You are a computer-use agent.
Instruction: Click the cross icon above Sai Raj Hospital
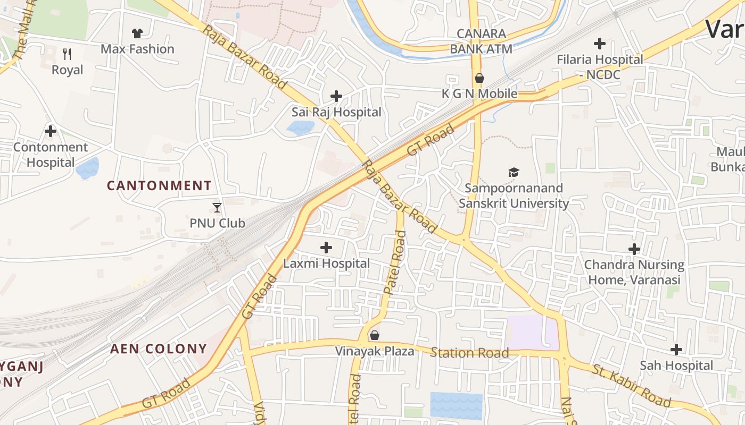tap(336, 96)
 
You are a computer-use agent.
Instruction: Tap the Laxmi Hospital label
tap(326, 263)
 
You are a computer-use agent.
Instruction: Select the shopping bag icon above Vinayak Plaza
tap(375, 335)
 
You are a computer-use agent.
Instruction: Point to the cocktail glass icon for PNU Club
tap(217, 207)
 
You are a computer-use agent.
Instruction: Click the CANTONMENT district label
tap(159, 186)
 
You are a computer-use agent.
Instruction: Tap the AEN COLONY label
tap(158, 349)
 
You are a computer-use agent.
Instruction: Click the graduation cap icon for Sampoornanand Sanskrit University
tap(514, 172)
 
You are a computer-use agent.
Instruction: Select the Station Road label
tap(469, 353)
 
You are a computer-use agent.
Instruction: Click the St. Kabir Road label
tap(631, 385)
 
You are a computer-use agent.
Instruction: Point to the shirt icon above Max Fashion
tap(137, 33)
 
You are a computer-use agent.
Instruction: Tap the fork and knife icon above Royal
tap(67, 54)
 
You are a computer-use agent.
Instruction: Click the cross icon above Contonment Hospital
tap(51, 131)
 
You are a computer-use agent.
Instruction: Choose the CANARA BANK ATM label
tap(481, 41)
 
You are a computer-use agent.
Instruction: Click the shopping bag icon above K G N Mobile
tap(479, 79)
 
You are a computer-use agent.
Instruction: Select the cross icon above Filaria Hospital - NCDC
tap(600, 44)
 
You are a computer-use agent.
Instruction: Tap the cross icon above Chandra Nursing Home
tap(634, 249)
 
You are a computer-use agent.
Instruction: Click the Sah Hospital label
tap(676, 365)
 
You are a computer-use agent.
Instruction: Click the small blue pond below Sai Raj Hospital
tap(300, 127)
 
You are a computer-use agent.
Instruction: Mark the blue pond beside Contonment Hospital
tap(87, 168)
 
